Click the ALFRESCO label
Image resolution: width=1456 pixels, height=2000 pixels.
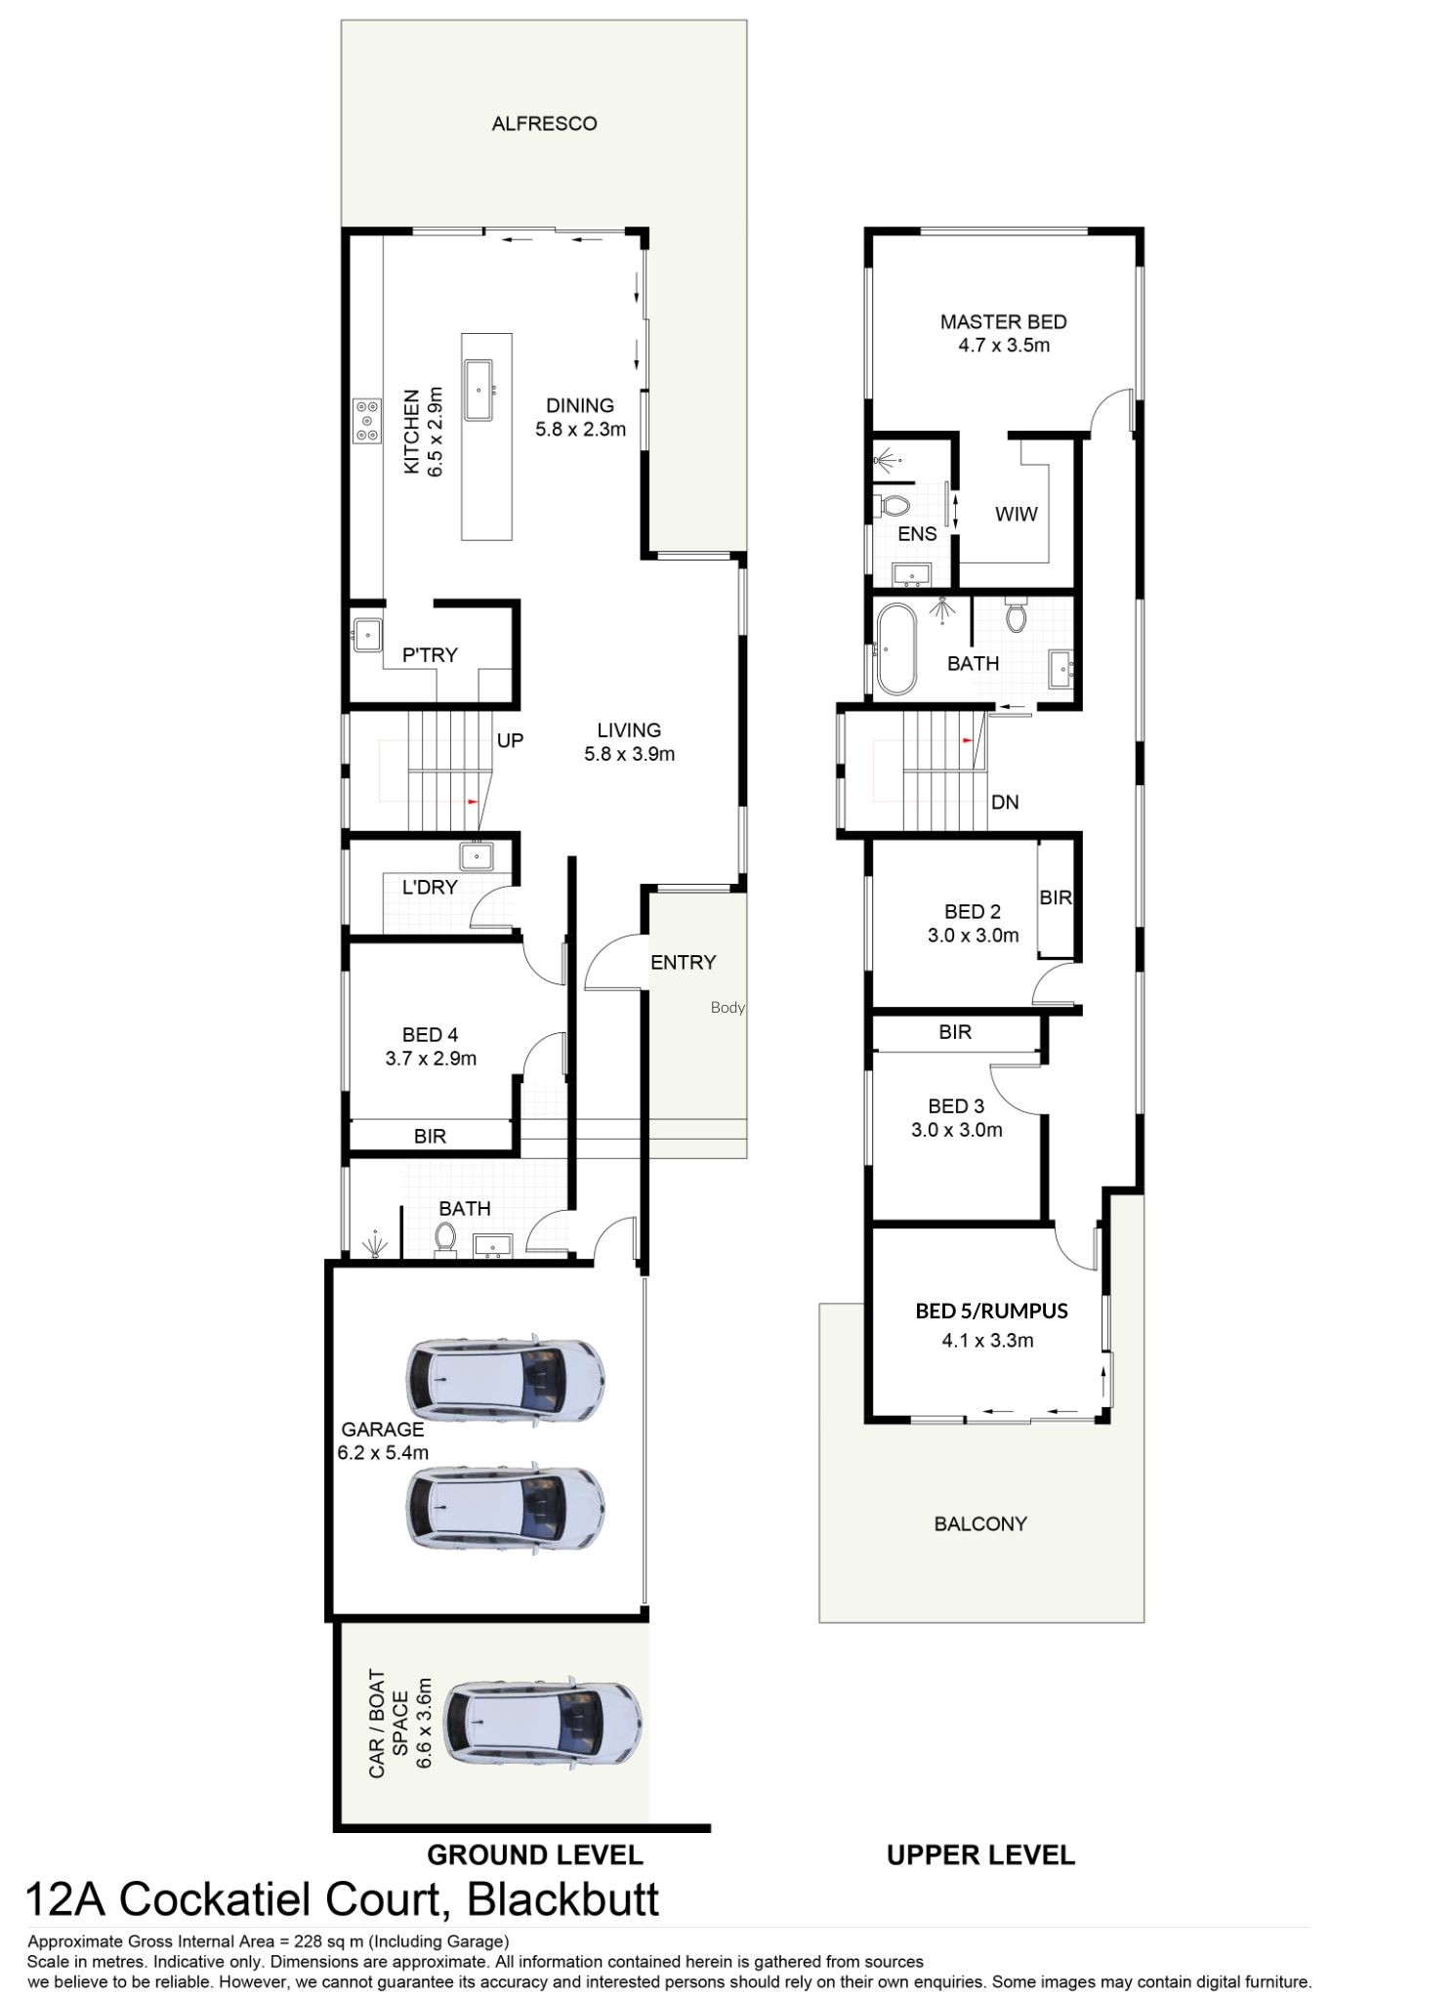point(544,124)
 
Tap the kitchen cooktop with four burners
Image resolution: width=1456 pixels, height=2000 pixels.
point(368,420)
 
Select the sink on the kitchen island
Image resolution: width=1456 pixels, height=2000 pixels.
point(480,389)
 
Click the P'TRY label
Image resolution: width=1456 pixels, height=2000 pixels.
point(430,655)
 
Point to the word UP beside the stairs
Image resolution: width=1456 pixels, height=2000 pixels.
point(510,740)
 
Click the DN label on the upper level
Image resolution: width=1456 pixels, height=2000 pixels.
point(1005,803)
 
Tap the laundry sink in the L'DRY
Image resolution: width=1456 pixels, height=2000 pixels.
point(478,856)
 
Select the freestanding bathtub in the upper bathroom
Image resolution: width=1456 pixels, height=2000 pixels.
point(894,649)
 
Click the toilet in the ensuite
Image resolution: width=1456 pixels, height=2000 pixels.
point(892,505)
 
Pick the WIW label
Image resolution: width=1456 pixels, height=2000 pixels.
point(1016,515)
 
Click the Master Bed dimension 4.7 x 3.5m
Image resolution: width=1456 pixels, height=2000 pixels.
point(1004,346)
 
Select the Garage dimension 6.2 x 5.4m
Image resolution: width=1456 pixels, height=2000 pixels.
point(383,1452)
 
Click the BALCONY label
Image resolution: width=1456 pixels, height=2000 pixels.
point(980,1523)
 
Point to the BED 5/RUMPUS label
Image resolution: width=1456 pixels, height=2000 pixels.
point(991,1311)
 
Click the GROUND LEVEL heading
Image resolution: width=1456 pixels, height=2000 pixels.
point(535,1854)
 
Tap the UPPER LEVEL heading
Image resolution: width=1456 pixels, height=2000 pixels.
point(980,1854)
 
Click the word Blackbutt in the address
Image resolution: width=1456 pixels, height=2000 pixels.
point(563,1899)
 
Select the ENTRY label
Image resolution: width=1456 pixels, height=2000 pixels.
point(684,963)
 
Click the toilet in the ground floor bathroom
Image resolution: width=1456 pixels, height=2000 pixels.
point(445,1239)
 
